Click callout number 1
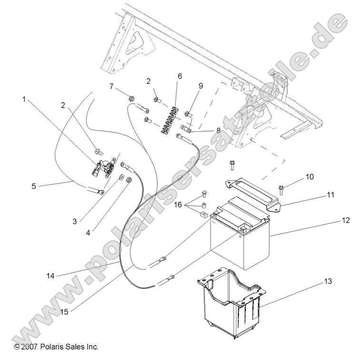(x=24, y=100)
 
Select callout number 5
(x=34, y=186)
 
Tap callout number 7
(x=112, y=87)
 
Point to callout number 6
(x=180, y=76)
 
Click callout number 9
(x=201, y=86)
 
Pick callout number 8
(x=218, y=130)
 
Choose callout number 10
(x=310, y=177)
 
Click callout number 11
(x=331, y=195)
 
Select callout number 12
(x=346, y=220)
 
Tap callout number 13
(x=328, y=281)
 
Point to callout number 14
(x=50, y=275)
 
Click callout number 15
(x=65, y=312)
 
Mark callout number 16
(x=178, y=204)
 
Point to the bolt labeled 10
(x=281, y=190)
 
